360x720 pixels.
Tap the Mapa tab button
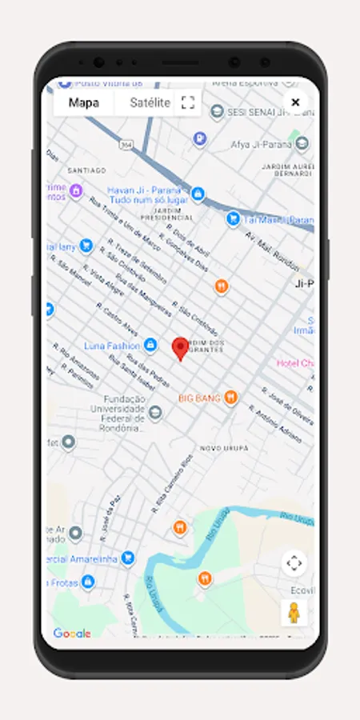[x=84, y=102]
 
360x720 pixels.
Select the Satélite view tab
[x=150, y=102]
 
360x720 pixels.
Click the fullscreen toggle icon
[x=188, y=102]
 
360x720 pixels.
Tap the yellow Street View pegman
[x=294, y=614]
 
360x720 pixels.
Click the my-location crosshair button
[x=294, y=562]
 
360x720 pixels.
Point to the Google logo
[x=72, y=634]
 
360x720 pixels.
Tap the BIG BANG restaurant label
[x=198, y=397]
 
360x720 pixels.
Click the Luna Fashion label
[x=111, y=346]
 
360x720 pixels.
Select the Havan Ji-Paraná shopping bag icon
[x=198, y=194]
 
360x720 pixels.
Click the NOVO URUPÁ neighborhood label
[x=224, y=448]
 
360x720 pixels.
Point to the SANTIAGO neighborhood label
[x=87, y=170]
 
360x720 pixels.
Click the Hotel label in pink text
[x=296, y=363]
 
